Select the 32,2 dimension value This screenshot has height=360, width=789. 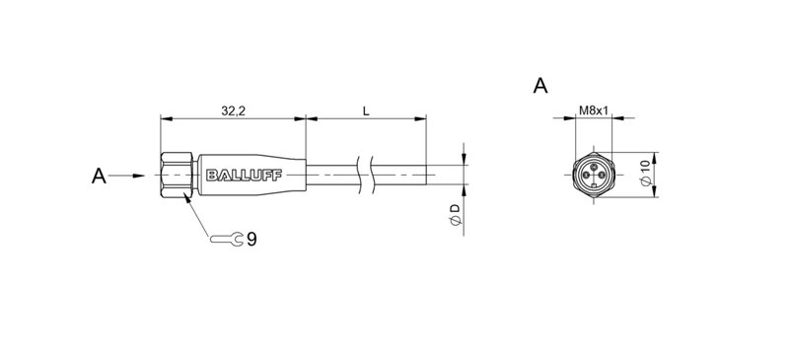point(232,112)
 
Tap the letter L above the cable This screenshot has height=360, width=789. point(366,112)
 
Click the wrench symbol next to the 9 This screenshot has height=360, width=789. point(228,239)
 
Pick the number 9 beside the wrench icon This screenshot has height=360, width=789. point(252,239)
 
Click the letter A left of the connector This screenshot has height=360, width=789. point(98,177)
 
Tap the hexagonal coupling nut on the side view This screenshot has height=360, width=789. point(178,177)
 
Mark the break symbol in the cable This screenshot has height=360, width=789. point(369,177)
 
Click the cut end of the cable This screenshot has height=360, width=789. point(425,177)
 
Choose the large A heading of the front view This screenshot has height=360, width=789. point(540,86)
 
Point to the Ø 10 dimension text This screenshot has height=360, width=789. point(645,176)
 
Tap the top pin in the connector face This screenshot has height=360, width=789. point(592,168)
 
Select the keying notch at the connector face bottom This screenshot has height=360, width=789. point(592,190)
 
